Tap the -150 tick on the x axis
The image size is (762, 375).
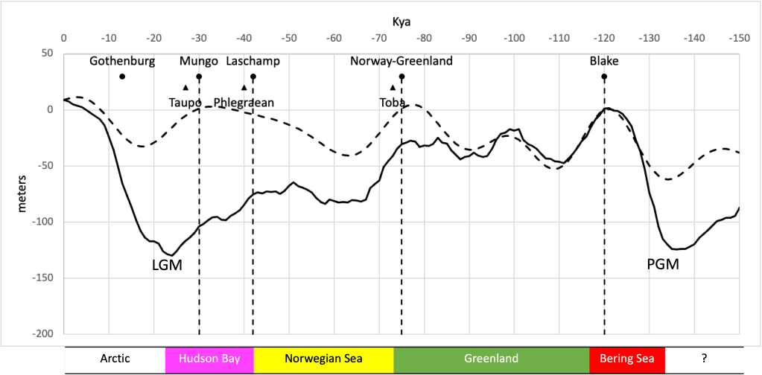tap(738, 38)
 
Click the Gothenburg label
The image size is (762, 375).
tap(122, 61)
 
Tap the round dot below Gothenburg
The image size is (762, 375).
tap(122, 77)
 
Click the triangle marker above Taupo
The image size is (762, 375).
tap(185, 88)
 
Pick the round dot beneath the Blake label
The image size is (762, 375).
tap(604, 77)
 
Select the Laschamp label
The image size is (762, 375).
tap(253, 61)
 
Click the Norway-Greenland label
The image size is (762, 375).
tap(401, 61)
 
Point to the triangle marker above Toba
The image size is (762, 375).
tap(393, 88)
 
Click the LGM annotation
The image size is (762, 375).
tap(168, 265)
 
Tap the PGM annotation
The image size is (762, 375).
tap(663, 263)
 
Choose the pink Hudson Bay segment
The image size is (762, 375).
tap(209, 359)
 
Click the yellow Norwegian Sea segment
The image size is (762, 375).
tap(323, 359)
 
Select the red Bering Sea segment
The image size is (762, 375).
tap(626, 359)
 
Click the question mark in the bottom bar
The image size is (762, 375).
tap(704, 359)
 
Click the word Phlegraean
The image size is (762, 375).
tap(244, 102)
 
